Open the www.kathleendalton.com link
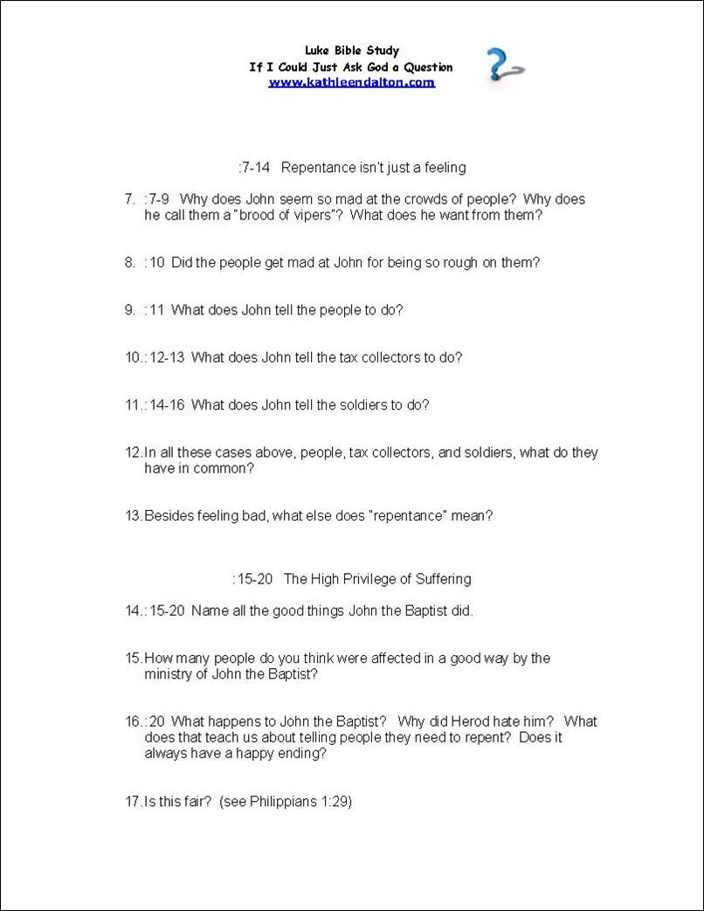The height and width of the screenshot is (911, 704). (351, 82)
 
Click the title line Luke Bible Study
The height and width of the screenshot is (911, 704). (352, 51)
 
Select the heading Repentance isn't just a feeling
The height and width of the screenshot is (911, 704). (374, 167)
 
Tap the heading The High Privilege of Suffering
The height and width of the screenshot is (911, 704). (377, 578)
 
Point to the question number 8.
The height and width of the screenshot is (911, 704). (129, 262)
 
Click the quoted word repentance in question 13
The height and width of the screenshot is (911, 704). (409, 515)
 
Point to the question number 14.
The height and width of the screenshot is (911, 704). (133, 611)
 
